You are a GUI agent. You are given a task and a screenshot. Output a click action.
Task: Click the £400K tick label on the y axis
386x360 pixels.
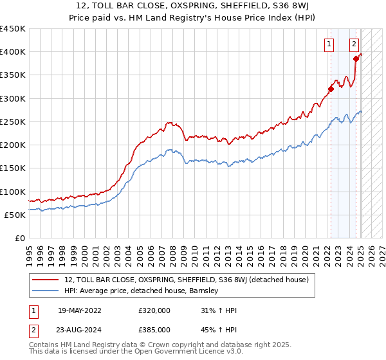tap(13, 52)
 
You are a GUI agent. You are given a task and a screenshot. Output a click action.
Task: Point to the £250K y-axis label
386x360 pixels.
tap(13, 122)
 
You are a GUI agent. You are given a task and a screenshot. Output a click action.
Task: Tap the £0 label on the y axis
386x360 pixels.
tap(20, 238)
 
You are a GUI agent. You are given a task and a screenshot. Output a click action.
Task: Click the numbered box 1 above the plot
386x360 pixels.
tap(329, 44)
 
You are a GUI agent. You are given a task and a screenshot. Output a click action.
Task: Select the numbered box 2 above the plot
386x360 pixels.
tap(354, 44)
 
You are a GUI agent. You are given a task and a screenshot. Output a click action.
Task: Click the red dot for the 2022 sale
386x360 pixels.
tap(331, 89)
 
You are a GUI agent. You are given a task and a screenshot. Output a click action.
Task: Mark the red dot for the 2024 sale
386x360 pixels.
tap(355, 59)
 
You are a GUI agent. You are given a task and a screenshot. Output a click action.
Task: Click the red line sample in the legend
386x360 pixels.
tap(46, 280)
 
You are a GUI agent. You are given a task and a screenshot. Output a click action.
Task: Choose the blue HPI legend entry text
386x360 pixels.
tap(142, 291)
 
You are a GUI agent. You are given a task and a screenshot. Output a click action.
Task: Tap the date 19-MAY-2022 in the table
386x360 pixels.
tap(80, 310)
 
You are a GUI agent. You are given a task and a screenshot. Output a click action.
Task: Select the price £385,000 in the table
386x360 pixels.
tap(154, 329)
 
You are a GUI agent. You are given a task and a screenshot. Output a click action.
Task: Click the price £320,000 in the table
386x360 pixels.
tap(154, 310)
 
